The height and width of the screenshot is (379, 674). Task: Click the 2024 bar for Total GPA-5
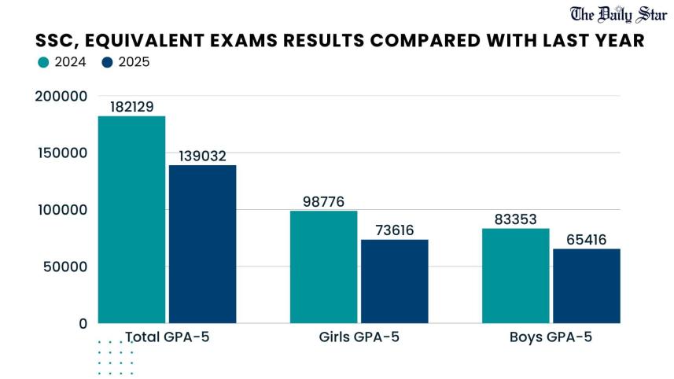(x=131, y=219)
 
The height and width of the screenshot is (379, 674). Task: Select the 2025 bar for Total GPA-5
(x=202, y=244)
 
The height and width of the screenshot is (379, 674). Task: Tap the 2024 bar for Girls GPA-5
(x=323, y=267)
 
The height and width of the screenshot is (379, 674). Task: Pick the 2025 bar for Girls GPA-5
(x=394, y=281)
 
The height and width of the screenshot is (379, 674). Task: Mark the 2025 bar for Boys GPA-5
(x=586, y=285)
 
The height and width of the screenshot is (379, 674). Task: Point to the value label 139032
(x=202, y=156)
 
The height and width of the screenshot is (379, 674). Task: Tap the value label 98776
(x=323, y=201)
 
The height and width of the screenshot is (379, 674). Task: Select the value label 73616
(x=394, y=230)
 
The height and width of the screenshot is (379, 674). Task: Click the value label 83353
(x=515, y=219)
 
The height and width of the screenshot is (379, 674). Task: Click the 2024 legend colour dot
(x=44, y=63)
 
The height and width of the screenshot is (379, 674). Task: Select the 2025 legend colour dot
(x=108, y=63)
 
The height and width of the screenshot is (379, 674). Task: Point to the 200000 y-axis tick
(x=61, y=96)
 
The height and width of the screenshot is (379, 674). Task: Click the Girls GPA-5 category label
(x=359, y=337)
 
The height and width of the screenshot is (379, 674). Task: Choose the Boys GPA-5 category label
(x=551, y=337)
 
